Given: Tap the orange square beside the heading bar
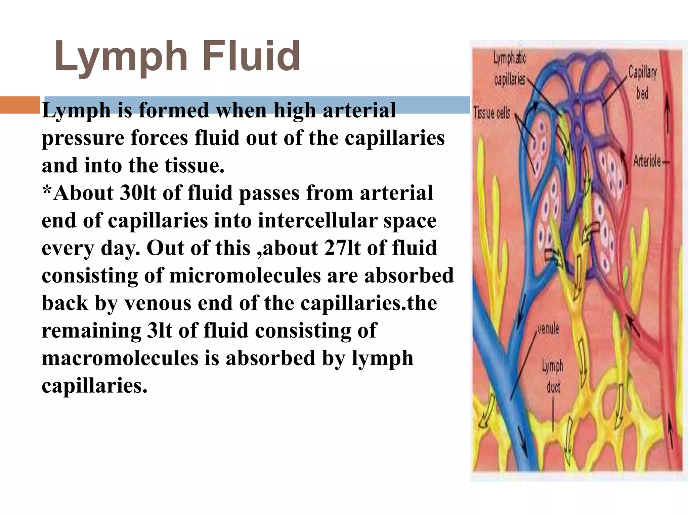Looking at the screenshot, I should pos(20,105).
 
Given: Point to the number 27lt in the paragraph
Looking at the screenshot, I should pos(342,249).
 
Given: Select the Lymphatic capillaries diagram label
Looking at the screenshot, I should pos(510,69).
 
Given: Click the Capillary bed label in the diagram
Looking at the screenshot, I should pos(642,82).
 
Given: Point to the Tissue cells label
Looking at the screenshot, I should pos(492,113).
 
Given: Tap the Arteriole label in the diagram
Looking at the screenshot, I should pos(647,162).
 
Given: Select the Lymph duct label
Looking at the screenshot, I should pos(553,377).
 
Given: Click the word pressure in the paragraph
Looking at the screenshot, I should pos(83,138).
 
